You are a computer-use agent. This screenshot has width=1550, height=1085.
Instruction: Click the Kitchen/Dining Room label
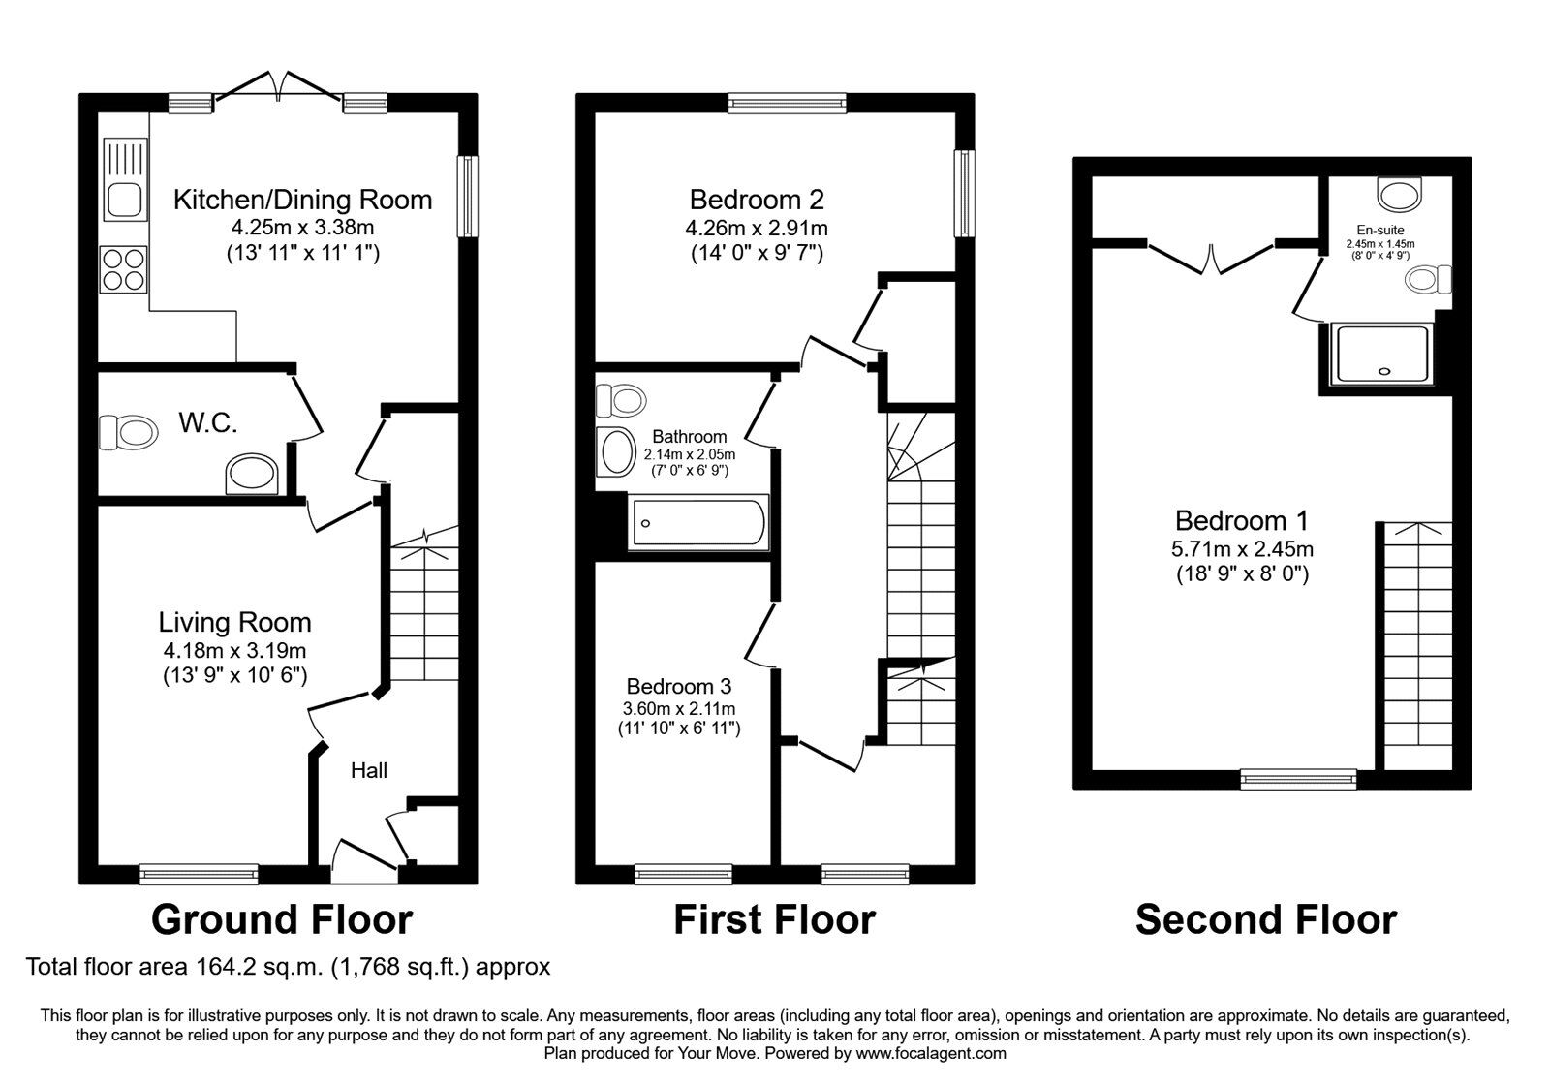point(302,200)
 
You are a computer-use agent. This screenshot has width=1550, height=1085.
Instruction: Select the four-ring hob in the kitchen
point(124,268)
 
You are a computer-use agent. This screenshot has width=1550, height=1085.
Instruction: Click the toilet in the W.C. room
point(129,432)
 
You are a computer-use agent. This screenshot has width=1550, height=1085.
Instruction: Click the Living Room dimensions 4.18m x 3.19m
point(235,651)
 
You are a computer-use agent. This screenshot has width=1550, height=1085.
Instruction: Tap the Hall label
point(369,770)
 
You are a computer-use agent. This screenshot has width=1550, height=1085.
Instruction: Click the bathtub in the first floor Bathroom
point(697,523)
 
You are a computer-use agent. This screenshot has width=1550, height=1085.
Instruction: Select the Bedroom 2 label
point(757,200)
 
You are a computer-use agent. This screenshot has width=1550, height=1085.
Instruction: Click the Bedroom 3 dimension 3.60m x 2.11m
point(678,707)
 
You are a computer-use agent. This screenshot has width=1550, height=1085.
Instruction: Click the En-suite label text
point(1379,230)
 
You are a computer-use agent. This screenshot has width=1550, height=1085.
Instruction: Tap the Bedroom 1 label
point(1242,520)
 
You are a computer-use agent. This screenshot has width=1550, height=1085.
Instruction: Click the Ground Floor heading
point(282,918)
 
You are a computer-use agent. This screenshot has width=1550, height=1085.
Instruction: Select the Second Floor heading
point(1265,918)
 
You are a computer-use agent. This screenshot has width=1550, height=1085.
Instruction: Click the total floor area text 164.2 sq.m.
point(288,966)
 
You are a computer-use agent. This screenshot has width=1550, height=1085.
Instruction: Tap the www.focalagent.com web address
point(931,1053)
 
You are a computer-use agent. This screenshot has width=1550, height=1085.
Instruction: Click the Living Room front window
point(200,873)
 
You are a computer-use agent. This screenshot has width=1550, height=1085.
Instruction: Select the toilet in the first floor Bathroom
point(620,398)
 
